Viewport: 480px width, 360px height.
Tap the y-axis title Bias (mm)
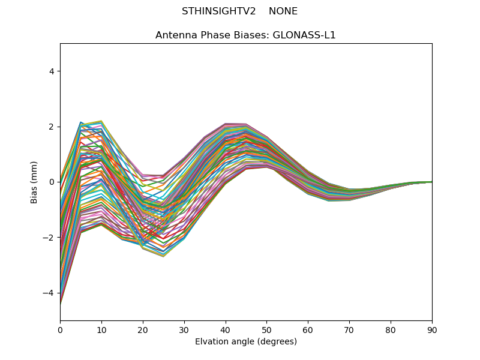[x=34, y=182]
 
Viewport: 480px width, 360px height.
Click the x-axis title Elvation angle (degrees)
[x=246, y=341]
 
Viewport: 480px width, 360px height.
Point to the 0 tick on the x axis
[x=60, y=329]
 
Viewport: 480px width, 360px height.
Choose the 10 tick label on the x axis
[x=101, y=329]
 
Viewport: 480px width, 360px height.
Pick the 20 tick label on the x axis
[x=143, y=329]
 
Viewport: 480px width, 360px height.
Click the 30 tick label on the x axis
[x=184, y=329]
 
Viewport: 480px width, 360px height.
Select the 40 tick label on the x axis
[x=226, y=329]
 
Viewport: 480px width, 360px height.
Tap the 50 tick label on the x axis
[x=266, y=329]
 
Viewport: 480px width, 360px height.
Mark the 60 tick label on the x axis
[x=308, y=329]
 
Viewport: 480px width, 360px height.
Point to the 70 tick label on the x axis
[x=349, y=329]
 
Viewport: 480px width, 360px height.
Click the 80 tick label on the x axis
[x=391, y=329]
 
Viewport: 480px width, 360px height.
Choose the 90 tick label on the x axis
[x=432, y=329]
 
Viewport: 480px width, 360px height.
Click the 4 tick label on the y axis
[x=51, y=71]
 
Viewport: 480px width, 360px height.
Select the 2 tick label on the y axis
[x=51, y=127]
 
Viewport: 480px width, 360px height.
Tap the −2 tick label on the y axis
[x=49, y=238]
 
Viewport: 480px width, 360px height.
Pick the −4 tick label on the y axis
[x=49, y=293]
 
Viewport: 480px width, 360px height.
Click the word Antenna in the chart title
[x=175, y=35]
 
